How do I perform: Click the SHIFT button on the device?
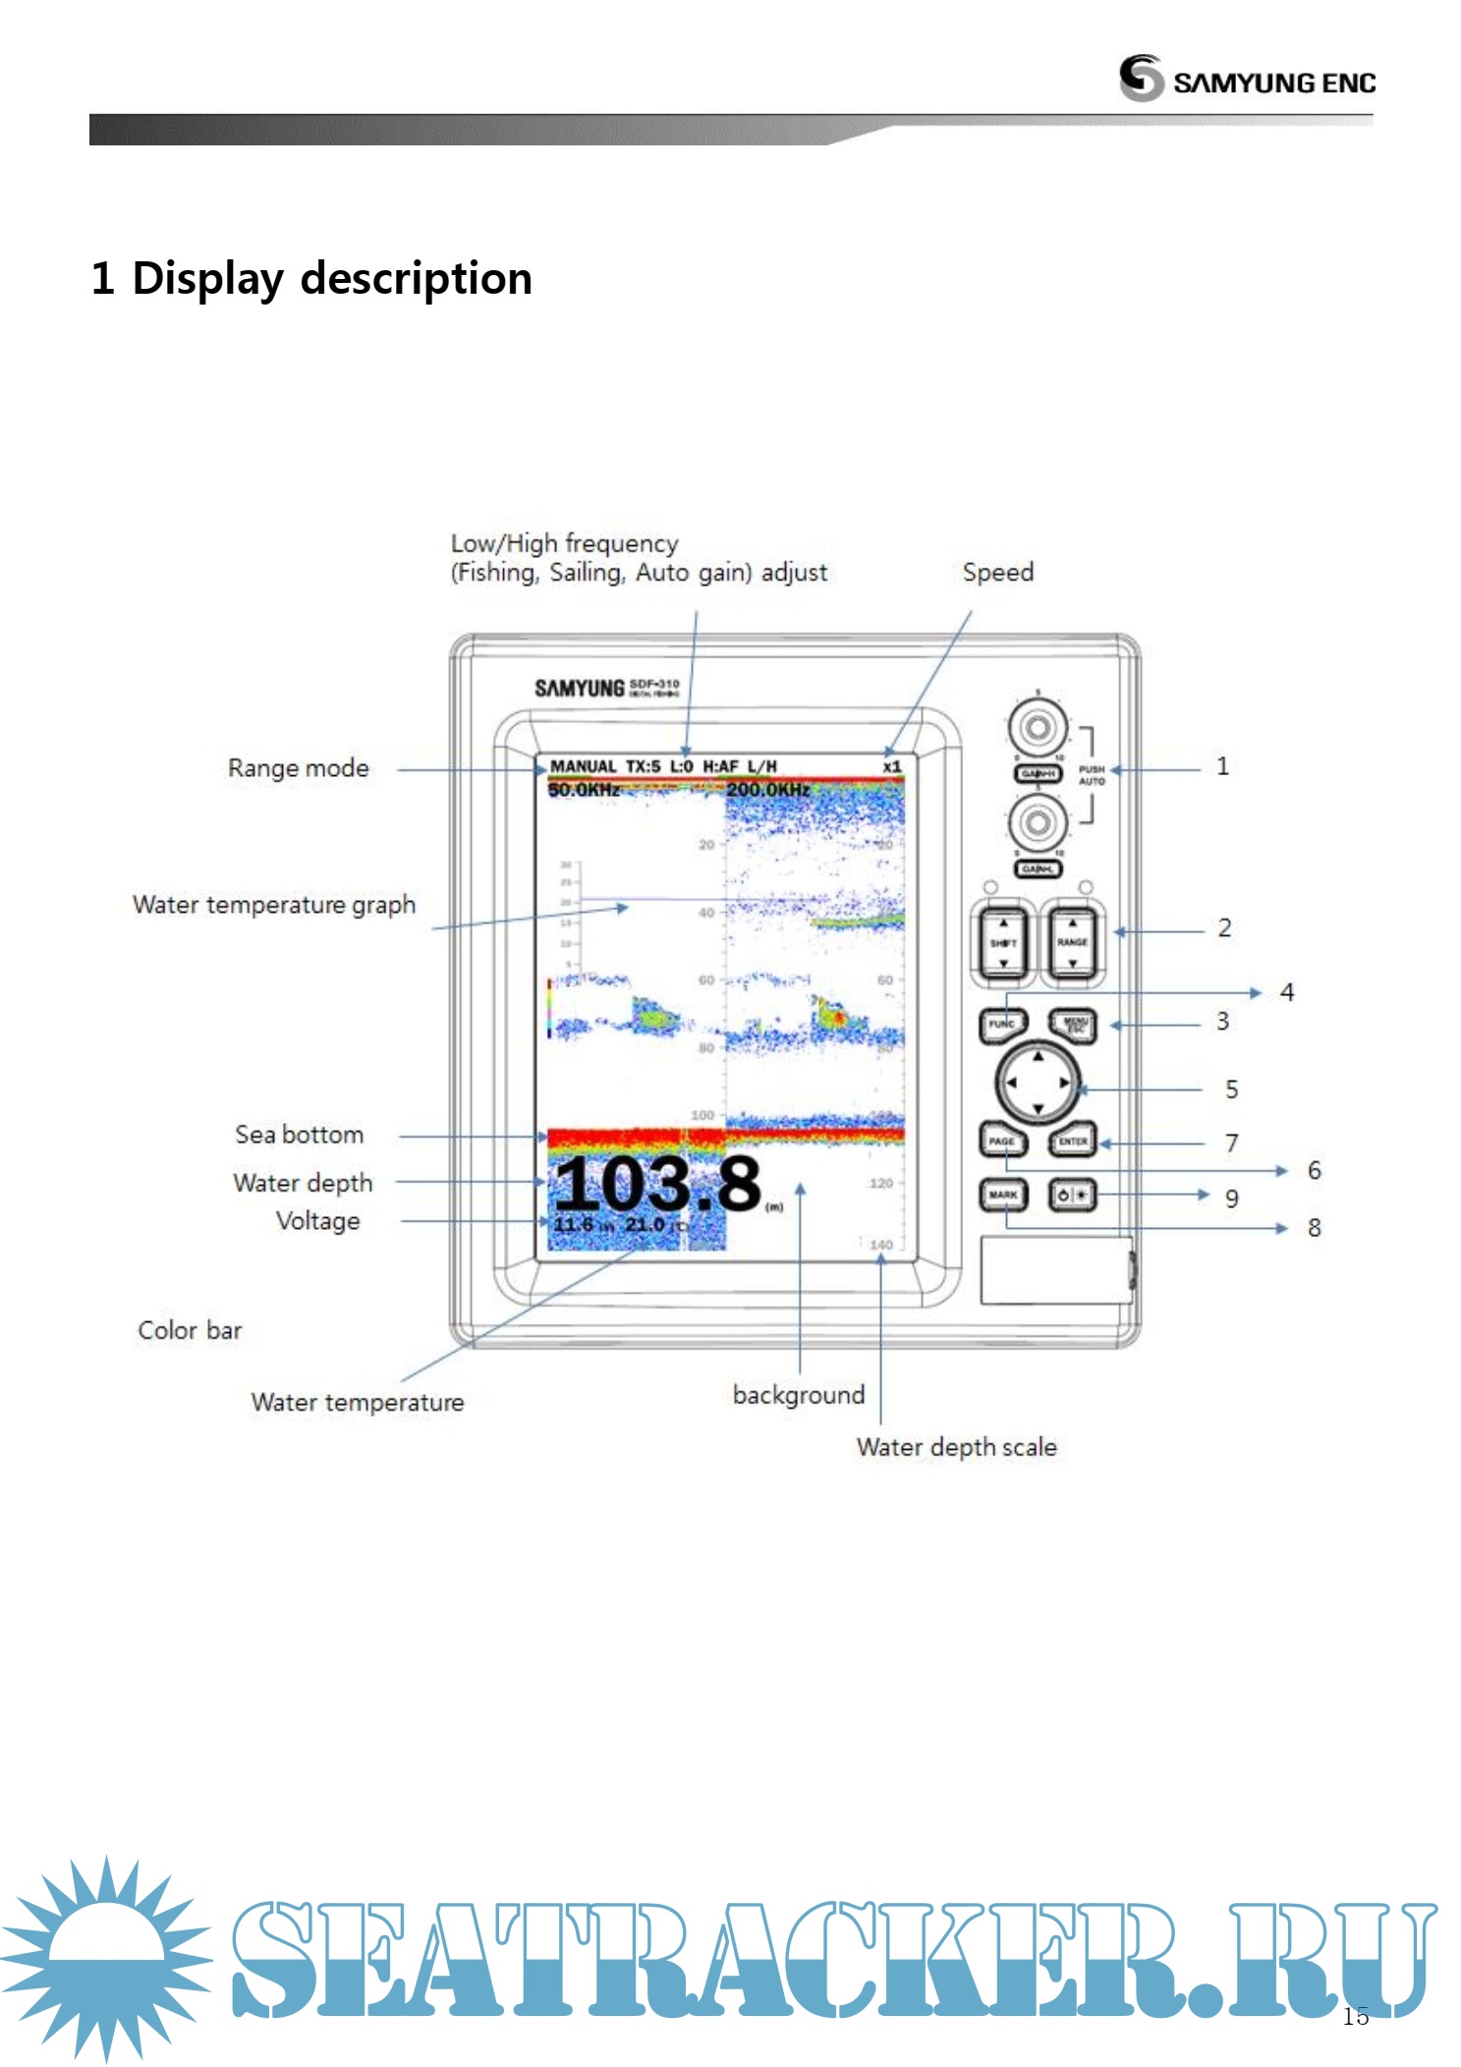coord(1002,942)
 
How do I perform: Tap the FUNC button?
coord(1002,1025)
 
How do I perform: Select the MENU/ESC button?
coord(1073,1025)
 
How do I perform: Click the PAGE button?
coord(1002,1141)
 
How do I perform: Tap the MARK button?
coord(1002,1195)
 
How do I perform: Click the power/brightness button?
coord(1072,1195)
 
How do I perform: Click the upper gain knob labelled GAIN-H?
coord(1038,728)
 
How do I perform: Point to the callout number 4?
coord(1287,992)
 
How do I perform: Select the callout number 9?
coord(1231,1198)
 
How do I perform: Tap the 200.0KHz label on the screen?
coord(768,790)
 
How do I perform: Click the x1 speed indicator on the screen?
coord(891,766)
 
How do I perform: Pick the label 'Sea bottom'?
coord(299,1135)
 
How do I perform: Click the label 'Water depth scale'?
coord(956,1447)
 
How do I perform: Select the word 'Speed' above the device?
coord(997,572)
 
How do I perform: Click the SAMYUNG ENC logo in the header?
coord(1247,79)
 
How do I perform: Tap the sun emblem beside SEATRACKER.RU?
coord(106,1954)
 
